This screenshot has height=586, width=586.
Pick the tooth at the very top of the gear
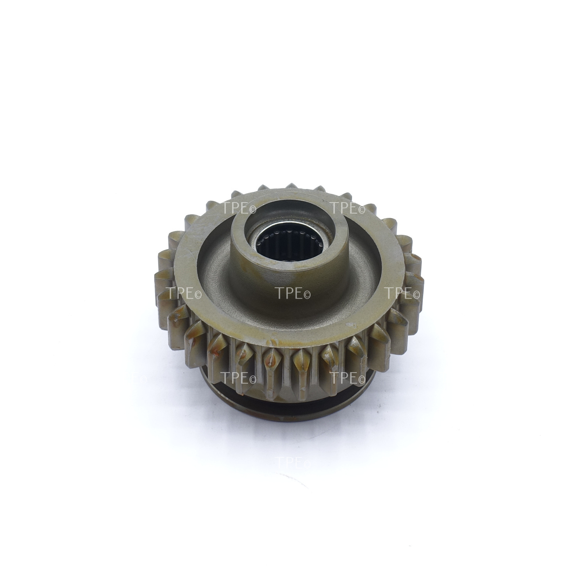(291, 187)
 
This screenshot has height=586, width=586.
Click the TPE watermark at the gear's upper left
(239, 208)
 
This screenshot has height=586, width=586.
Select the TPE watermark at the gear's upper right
(347, 208)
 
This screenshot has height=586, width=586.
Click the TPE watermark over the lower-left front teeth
(239, 377)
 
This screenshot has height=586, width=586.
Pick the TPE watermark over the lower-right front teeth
(347, 377)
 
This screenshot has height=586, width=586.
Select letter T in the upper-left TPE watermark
(227, 208)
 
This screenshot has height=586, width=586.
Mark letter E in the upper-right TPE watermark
(353, 208)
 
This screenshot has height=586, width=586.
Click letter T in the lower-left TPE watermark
(227, 377)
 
